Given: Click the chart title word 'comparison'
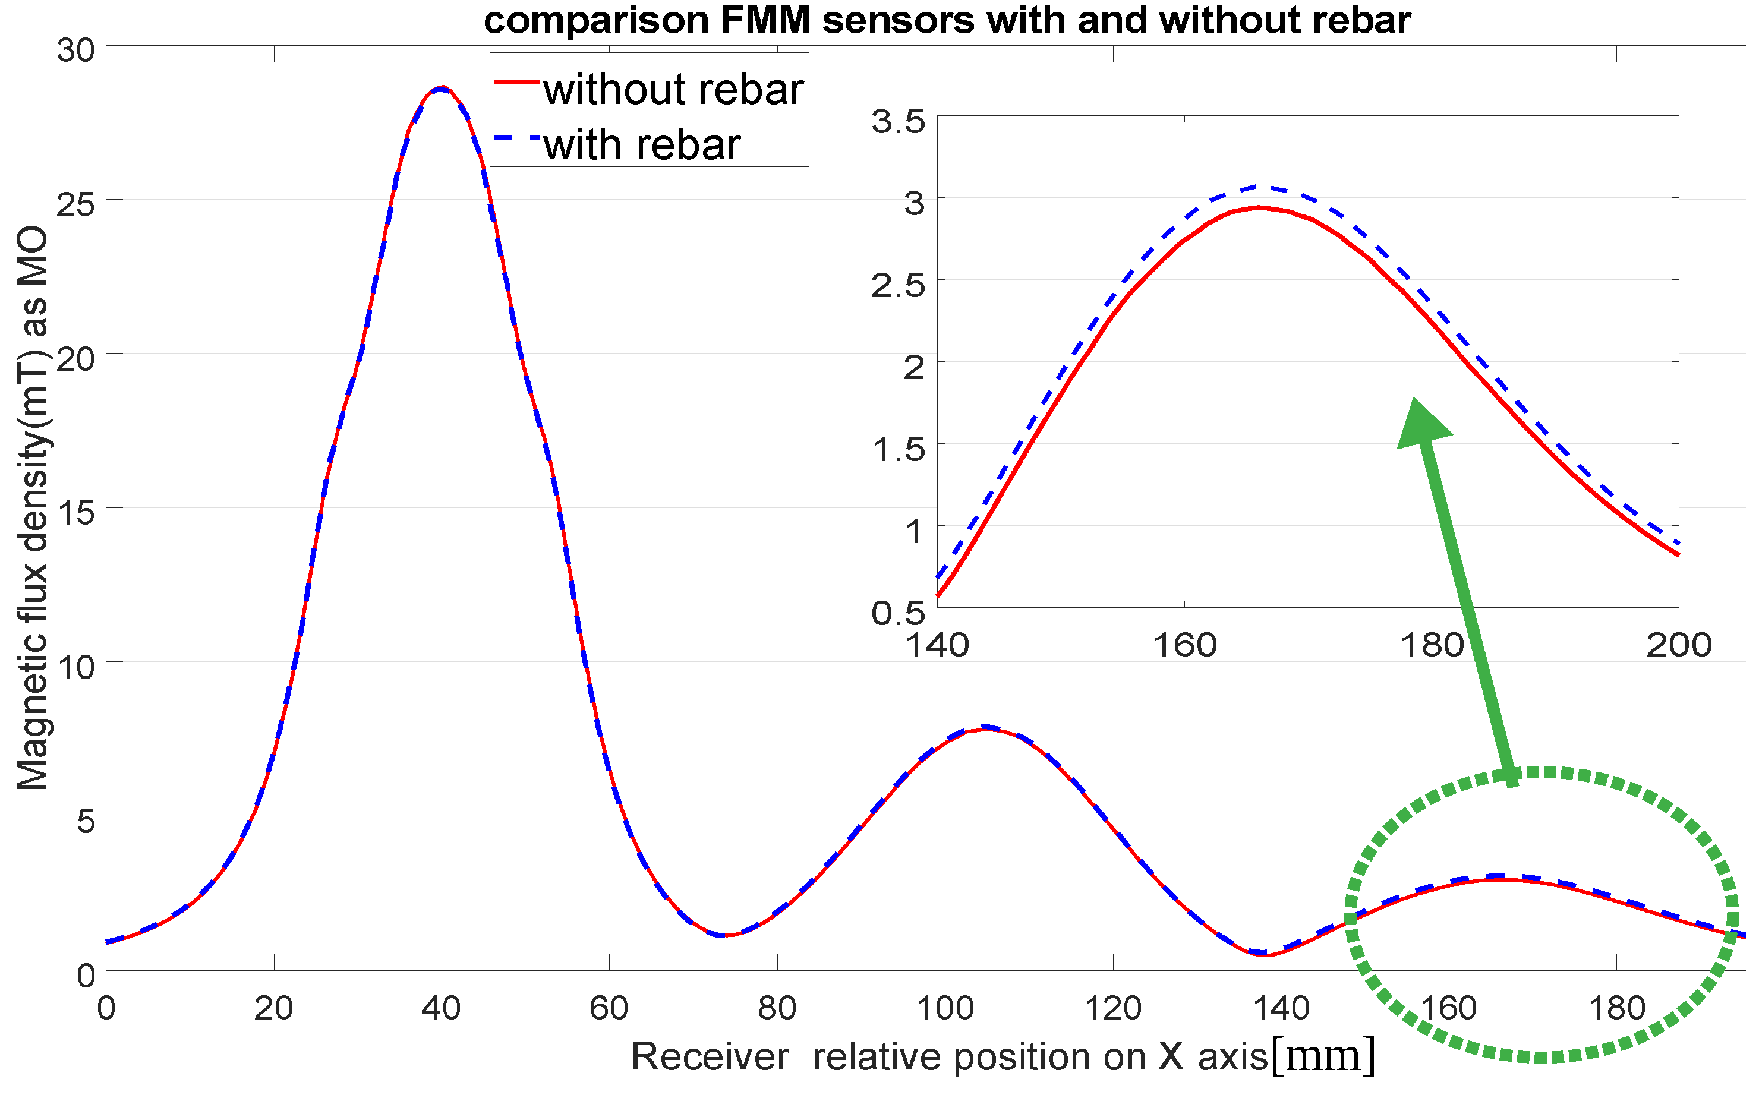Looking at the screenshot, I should [x=595, y=20].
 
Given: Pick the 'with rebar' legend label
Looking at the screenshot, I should [x=642, y=144].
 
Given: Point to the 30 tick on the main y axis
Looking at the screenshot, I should [x=76, y=51].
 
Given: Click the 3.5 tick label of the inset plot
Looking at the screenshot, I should [x=899, y=121].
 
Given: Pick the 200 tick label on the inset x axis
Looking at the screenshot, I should [x=1678, y=645].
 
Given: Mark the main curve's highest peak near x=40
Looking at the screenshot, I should [x=442, y=88].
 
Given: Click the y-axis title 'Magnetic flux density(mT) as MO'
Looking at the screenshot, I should [x=33, y=509].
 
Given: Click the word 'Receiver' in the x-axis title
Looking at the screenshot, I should [x=710, y=1056].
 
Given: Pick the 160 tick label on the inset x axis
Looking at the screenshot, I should [x=1184, y=645].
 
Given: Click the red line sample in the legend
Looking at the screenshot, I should [x=516, y=83].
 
